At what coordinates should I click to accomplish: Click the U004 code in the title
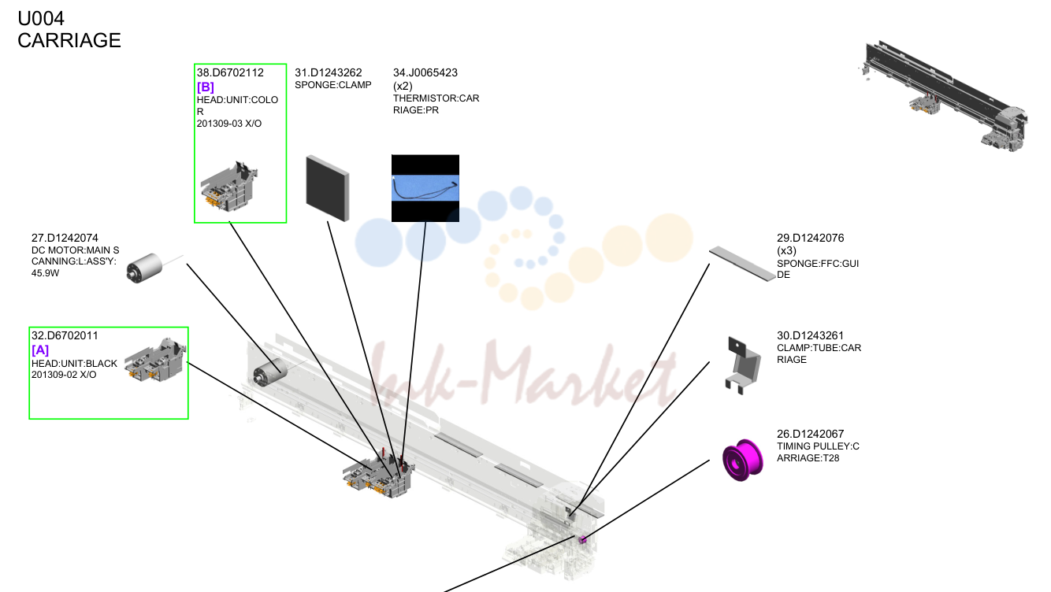(41, 19)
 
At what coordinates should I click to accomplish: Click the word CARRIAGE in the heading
(69, 40)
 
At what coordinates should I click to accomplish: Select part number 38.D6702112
(230, 72)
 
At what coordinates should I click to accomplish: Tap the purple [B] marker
(206, 87)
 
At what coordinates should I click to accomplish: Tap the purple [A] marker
(40, 350)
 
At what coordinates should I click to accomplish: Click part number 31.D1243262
(329, 72)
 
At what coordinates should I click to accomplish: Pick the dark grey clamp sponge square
(328, 188)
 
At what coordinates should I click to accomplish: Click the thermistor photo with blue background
(425, 188)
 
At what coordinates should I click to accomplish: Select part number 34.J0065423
(425, 72)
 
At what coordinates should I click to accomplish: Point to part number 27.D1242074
(65, 238)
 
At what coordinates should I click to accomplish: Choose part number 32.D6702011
(65, 335)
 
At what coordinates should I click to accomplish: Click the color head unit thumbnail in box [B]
(229, 186)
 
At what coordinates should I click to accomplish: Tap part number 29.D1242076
(810, 238)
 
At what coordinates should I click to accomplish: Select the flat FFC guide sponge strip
(742, 264)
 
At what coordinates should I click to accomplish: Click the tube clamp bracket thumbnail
(743, 365)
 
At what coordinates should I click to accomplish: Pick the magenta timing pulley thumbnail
(743, 460)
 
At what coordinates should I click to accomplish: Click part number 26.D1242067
(810, 434)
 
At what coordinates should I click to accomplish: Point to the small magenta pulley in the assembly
(582, 540)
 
